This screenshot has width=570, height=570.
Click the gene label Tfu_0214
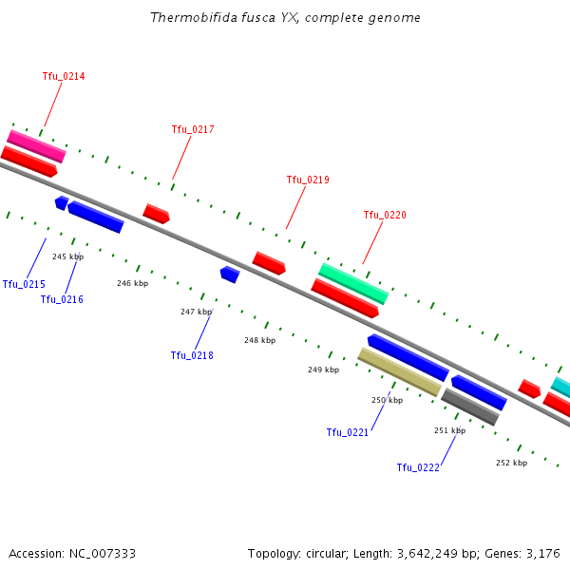[x=64, y=76]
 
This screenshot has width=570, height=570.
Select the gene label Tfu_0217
[x=193, y=129]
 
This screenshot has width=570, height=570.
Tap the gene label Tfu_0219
[x=308, y=180]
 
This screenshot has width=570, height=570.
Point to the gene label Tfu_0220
[x=385, y=215]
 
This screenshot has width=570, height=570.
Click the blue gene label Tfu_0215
[x=24, y=284]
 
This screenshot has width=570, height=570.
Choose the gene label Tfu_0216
[x=62, y=299]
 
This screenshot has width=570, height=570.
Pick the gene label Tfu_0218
[x=192, y=355]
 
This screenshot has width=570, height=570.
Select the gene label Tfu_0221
[x=348, y=432]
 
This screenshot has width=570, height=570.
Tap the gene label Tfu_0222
[x=418, y=467]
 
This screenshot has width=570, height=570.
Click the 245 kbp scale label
[x=67, y=256]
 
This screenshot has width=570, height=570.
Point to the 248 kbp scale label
[x=259, y=340]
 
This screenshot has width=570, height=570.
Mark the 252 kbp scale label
[x=511, y=463]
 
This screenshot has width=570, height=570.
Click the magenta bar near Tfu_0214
[x=36, y=145]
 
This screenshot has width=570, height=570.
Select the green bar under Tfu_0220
[x=353, y=283]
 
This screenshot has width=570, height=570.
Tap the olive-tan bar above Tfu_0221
[x=399, y=371]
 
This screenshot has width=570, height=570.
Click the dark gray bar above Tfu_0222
[x=470, y=407]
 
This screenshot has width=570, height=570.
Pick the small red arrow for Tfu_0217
[x=156, y=214]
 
